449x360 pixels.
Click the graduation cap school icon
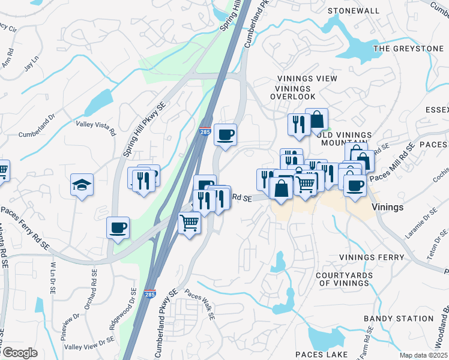[82, 184]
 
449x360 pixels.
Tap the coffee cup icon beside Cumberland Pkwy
[225, 134]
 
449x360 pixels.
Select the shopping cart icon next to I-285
[190, 223]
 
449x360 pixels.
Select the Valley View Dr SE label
[89, 343]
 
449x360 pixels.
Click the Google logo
[19, 353]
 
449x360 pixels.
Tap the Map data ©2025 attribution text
[423, 355]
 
